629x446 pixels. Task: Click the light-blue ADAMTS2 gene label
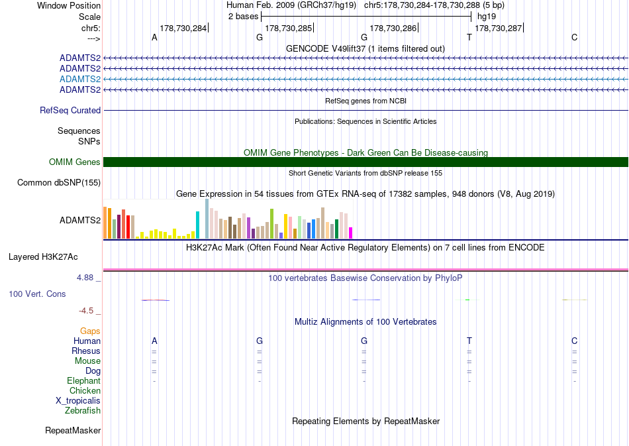point(80,79)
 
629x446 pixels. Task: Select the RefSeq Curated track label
point(70,111)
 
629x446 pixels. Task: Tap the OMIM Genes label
point(75,162)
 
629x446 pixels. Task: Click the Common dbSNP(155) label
point(59,183)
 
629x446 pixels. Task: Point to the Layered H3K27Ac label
point(43,257)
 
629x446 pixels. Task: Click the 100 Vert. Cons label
point(37,294)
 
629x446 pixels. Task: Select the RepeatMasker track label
point(73,430)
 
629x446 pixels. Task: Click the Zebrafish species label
point(83,410)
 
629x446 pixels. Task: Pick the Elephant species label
point(84,380)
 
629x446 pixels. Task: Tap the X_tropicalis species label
point(78,401)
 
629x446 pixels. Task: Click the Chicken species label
point(85,390)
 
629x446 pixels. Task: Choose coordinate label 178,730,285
point(289,28)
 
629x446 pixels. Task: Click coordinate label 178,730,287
point(498,28)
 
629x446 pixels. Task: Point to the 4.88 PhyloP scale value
point(85,278)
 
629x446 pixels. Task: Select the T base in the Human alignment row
point(469,341)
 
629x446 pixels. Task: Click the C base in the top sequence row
point(575,37)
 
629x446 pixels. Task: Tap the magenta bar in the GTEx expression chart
point(351,233)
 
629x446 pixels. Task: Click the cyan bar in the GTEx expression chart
point(197,225)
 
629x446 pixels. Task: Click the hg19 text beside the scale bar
point(487,17)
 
